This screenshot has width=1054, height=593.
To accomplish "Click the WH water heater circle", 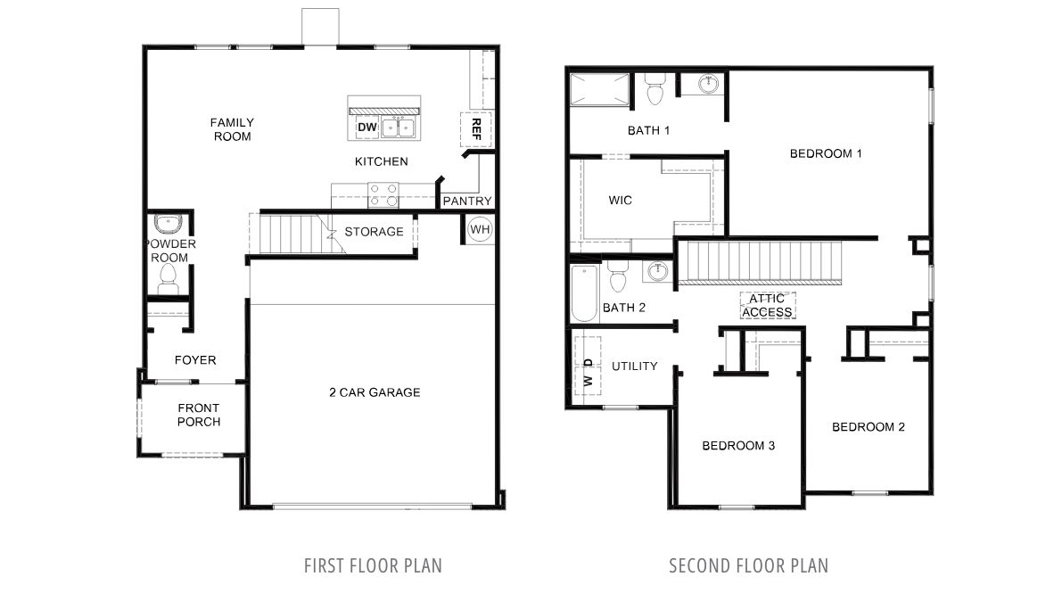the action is (x=480, y=229).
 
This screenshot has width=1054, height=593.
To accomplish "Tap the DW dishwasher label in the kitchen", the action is (x=367, y=127).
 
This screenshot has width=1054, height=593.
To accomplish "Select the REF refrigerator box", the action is (x=476, y=129).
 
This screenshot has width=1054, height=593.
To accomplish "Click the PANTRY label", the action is (x=467, y=201).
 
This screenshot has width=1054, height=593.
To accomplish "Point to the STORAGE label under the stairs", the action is (x=375, y=232).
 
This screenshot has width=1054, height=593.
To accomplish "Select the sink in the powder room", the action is (x=165, y=224).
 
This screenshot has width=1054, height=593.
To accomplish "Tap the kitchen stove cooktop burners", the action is (x=383, y=195).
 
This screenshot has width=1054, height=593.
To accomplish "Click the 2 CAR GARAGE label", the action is (x=375, y=392).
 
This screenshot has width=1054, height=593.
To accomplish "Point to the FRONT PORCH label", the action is (x=199, y=415).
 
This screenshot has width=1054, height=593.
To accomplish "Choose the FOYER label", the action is (x=195, y=360).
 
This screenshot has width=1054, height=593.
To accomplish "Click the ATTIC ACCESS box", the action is (x=768, y=305).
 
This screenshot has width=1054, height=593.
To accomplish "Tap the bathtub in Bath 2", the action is (x=584, y=293).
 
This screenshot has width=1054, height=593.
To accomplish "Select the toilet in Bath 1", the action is (x=654, y=89).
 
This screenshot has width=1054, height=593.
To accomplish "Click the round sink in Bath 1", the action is (x=709, y=84).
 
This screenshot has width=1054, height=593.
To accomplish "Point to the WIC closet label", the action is (x=621, y=201).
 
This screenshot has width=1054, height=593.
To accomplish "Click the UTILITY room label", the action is (x=635, y=367).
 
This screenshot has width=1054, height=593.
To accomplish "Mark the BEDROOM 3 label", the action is (x=738, y=446).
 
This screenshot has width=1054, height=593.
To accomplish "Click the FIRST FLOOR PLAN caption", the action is (x=373, y=566).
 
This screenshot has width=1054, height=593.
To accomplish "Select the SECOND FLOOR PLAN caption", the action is (x=749, y=566).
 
